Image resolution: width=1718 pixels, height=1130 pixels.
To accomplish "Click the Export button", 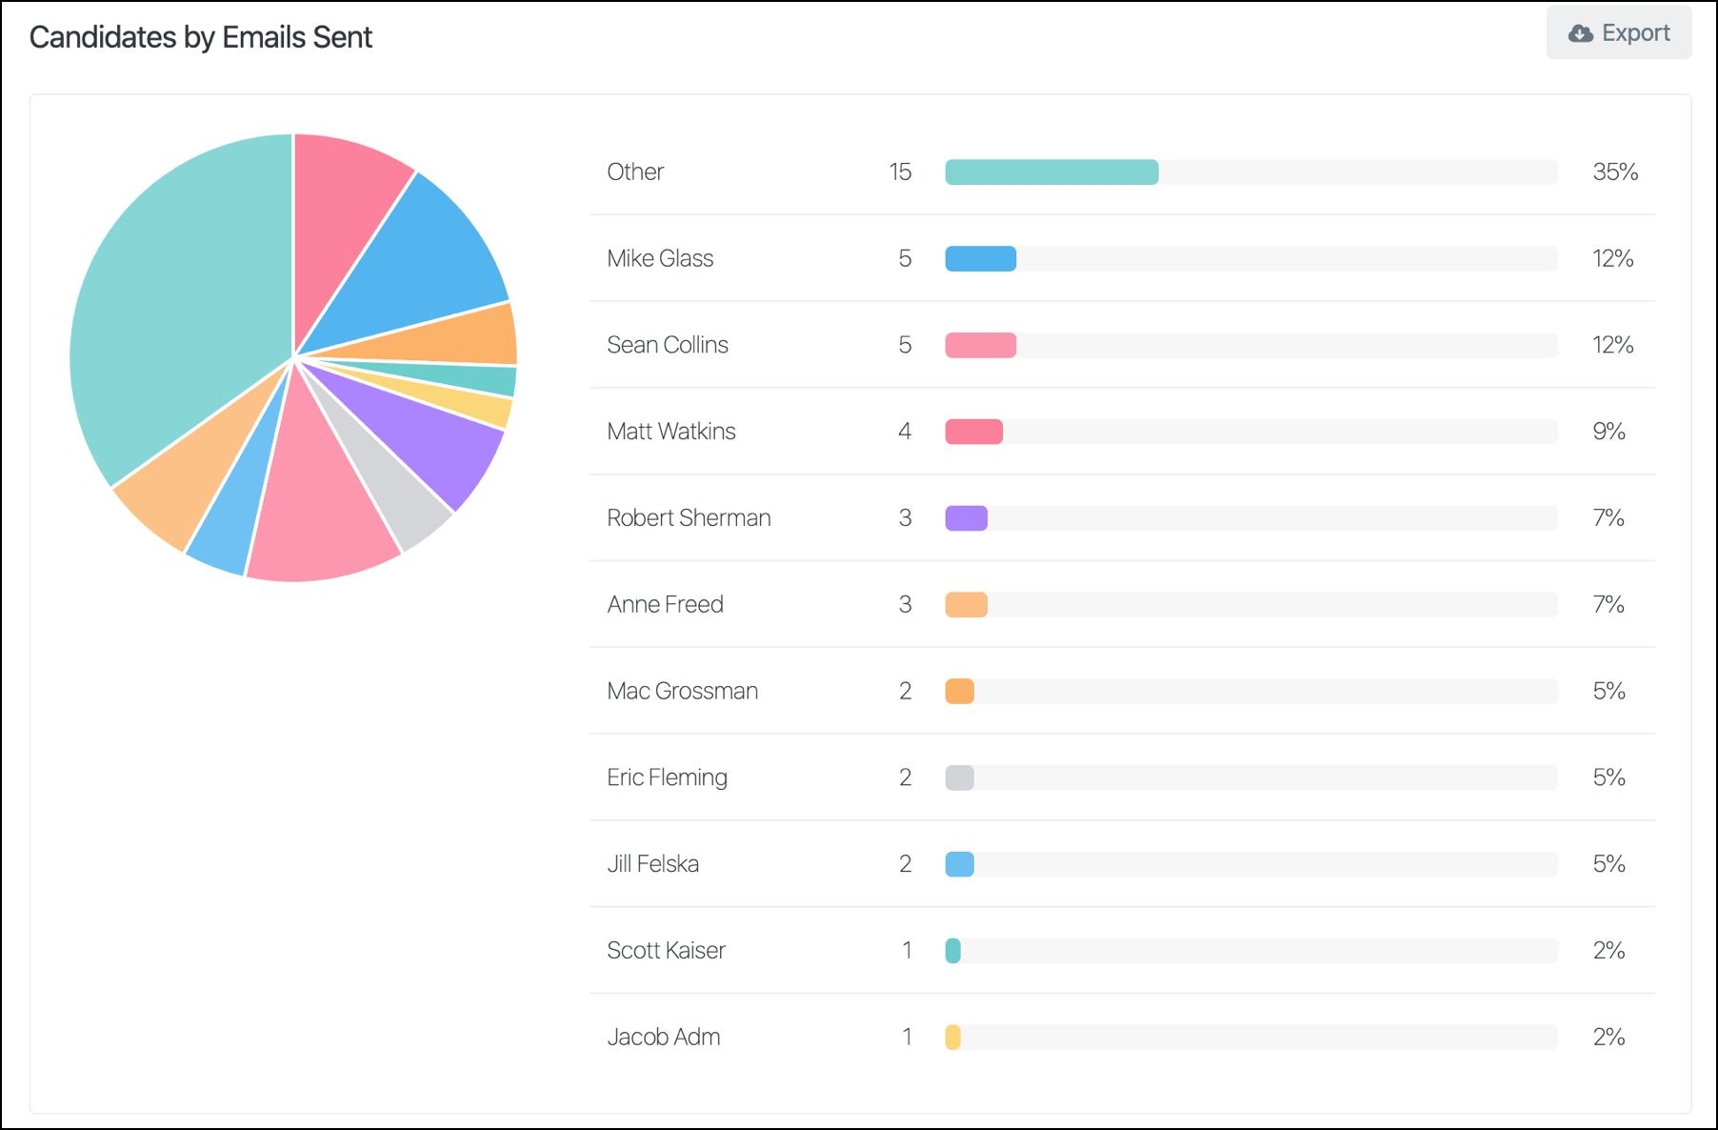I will [x=1619, y=33].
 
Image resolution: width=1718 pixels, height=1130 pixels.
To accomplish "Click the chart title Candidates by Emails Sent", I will [x=200, y=37].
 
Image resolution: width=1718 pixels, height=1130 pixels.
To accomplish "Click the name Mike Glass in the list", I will [x=660, y=258].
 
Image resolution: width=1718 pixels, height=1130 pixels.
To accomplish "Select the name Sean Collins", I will [x=668, y=345].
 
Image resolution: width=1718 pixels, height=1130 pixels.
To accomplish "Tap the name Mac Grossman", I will [x=683, y=691].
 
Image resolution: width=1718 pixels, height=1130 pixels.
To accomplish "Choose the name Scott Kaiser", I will [x=667, y=950].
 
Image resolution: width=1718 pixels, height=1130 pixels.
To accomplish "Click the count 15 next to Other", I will [x=900, y=172].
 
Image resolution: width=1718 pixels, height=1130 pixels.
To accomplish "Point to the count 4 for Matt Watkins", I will [x=905, y=432].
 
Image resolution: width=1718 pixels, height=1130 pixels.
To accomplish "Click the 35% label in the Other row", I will [x=1615, y=172].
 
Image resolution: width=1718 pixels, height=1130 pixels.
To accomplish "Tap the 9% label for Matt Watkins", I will [x=1608, y=432].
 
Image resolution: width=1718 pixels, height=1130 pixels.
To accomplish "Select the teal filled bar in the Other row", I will [x=1051, y=172].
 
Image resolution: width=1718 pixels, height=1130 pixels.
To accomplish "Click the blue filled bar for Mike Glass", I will [x=980, y=259].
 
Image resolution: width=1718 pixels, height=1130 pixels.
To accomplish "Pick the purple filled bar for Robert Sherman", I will [x=966, y=518].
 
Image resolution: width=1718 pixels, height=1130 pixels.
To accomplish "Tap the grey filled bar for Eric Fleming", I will [x=959, y=777].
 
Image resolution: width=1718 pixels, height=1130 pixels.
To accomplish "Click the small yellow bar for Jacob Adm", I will [x=952, y=1037].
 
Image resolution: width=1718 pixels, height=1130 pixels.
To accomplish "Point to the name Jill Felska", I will [x=653, y=864].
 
